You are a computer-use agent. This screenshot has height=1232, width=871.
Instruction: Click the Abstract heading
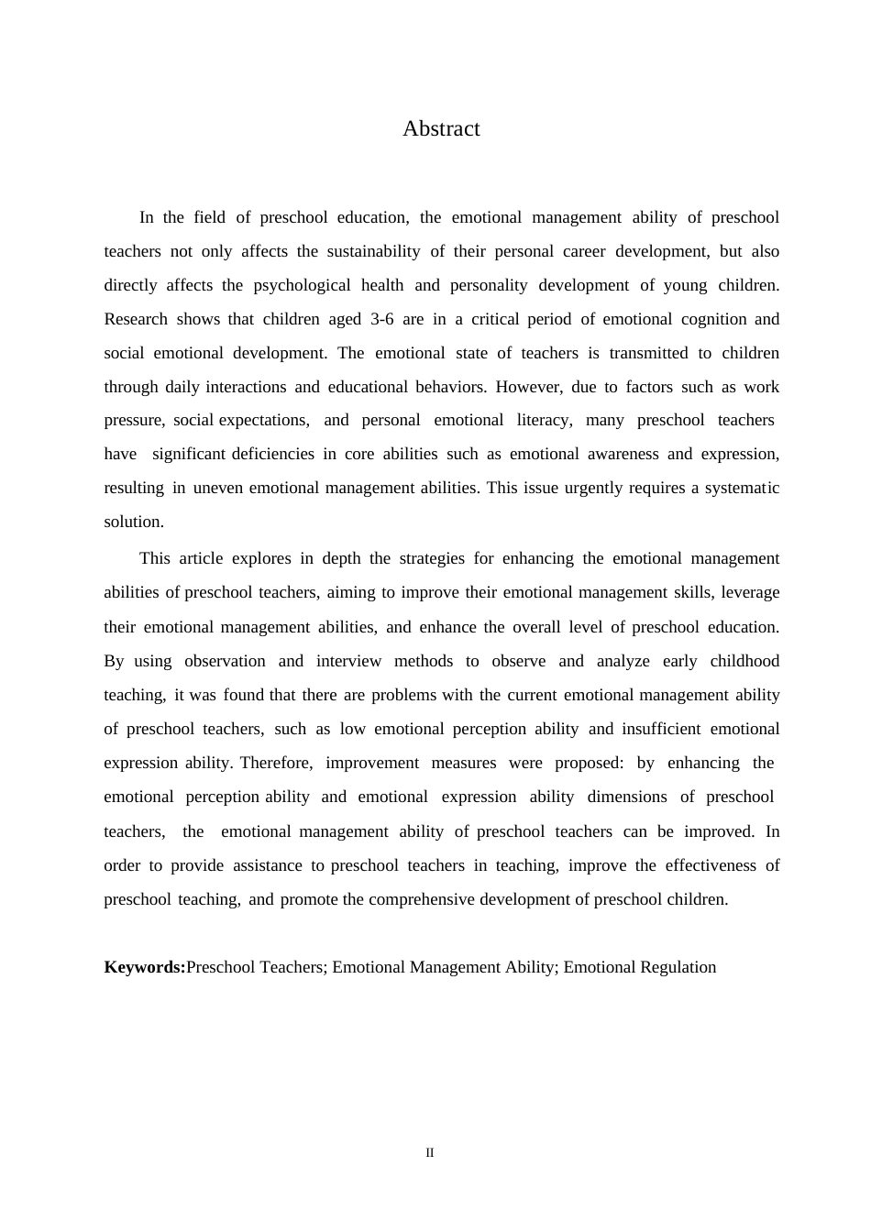[441, 129]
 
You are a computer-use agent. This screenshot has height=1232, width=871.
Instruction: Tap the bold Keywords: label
[145, 967]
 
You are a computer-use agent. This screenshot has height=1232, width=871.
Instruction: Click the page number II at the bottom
[429, 1152]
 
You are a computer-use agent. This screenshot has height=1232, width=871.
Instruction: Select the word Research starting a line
[136, 319]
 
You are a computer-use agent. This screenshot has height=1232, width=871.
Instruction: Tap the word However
[528, 387]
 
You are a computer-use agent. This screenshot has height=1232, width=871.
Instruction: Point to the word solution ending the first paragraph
[134, 522]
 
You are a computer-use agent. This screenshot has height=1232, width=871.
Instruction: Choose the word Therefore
[276, 763]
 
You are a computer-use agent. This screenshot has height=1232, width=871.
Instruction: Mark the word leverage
[750, 592]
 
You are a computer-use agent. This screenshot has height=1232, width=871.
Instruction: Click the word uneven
[218, 488]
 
